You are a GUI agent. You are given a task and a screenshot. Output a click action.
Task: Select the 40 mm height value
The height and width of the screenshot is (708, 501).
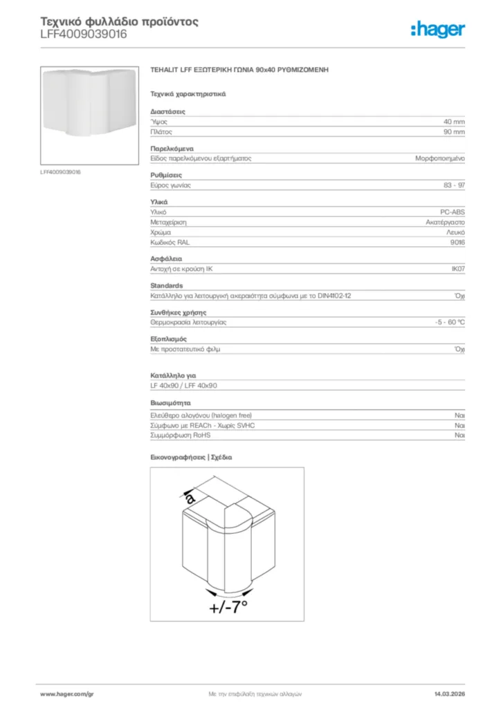pyautogui.click(x=454, y=121)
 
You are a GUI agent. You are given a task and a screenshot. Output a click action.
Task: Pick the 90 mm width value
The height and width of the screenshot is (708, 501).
pyautogui.click(x=454, y=131)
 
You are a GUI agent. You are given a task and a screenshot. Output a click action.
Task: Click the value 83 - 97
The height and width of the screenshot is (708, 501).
pyautogui.click(x=454, y=185)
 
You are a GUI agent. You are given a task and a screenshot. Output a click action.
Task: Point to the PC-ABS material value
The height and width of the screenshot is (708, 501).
pyautogui.click(x=453, y=212)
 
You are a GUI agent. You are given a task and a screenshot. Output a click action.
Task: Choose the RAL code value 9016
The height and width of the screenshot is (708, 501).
pyautogui.click(x=457, y=243)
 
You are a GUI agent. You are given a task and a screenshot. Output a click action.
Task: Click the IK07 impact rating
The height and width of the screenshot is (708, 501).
pyautogui.click(x=457, y=270)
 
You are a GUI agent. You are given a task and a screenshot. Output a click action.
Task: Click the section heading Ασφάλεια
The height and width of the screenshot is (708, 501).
pyautogui.click(x=166, y=259)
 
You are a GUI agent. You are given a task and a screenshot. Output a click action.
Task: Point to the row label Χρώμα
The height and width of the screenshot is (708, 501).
pyautogui.click(x=161, y=233)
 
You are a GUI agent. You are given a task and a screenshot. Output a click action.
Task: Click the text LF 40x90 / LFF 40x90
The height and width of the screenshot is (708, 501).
pyautogui.click(x=184, y=386)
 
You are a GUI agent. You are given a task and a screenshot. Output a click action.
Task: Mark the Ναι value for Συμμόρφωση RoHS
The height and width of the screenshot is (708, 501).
pyautogui.click(x=459, y=436)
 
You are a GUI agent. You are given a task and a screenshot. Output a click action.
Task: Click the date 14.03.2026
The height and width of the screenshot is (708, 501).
pyautogui.click(x=448, y=693)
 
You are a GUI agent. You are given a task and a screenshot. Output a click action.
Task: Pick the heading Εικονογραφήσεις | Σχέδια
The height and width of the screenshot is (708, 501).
pyautogui.click(x=191, y=458)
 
